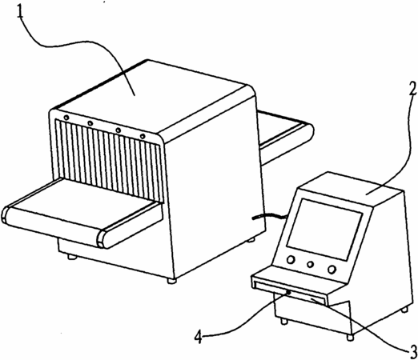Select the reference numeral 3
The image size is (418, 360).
point(412,352)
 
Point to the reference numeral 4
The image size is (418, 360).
point(199,337)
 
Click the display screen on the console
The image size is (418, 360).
point(324,230)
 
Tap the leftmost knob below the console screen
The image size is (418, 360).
point(291,259)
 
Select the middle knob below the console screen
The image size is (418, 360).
point(310,264)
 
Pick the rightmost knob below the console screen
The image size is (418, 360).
point(332,270)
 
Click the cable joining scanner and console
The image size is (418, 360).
point(269,216)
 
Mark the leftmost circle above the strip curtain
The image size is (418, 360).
point(66,118)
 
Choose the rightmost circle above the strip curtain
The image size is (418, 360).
point(143,136)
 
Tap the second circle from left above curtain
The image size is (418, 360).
point(90,123)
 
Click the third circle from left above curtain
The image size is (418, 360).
point(118,130)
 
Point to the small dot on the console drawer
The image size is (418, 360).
point(289,293)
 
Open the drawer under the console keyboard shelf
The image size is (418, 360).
point(290,294)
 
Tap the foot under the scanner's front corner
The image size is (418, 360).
point(171,281)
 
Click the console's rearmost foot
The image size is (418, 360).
point(405,310)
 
